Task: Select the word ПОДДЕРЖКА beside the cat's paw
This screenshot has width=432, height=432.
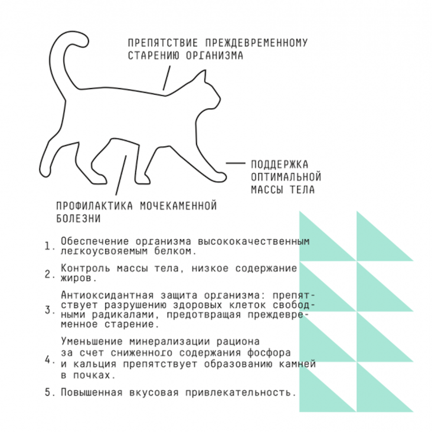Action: tap(280, 164)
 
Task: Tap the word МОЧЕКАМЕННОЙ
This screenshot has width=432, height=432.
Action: tap(178, 206)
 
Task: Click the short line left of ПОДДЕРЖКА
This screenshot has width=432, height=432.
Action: tap(235, 163)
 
